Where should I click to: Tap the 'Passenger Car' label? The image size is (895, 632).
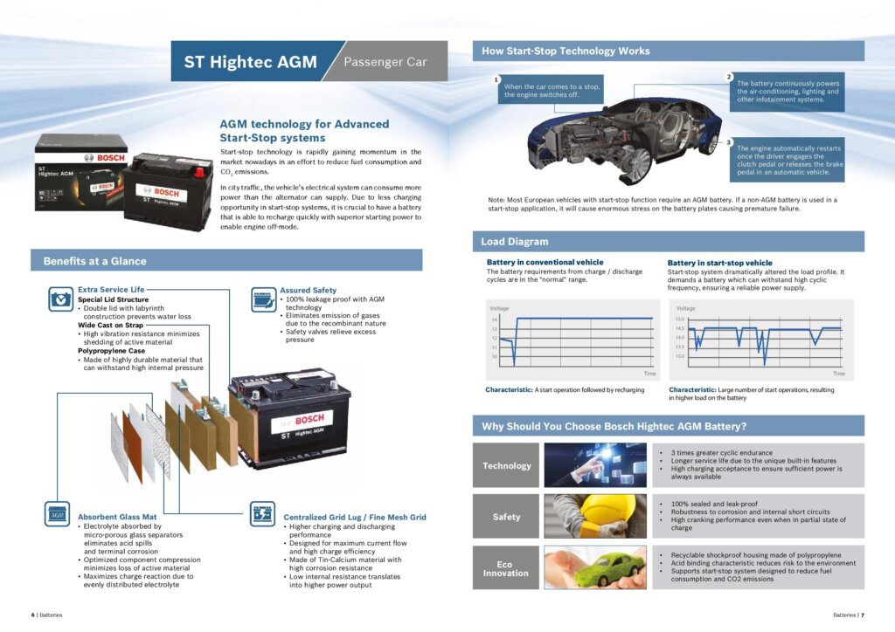(385, 62)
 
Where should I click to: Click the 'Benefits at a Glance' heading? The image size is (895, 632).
(95, 260)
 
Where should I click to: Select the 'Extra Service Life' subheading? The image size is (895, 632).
(111, 289)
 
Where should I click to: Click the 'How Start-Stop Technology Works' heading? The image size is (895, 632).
(566, 52)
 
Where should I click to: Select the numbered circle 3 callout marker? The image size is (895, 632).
(729, 141)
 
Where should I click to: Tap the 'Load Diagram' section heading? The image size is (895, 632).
(516, 241)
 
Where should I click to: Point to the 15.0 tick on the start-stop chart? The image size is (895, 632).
(681, 319)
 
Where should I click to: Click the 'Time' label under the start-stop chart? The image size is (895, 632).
(839, 374)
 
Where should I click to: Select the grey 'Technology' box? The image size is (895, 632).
(507, 465)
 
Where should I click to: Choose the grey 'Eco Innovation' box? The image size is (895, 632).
(507, 568)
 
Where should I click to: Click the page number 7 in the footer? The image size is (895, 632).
(862, 615)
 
